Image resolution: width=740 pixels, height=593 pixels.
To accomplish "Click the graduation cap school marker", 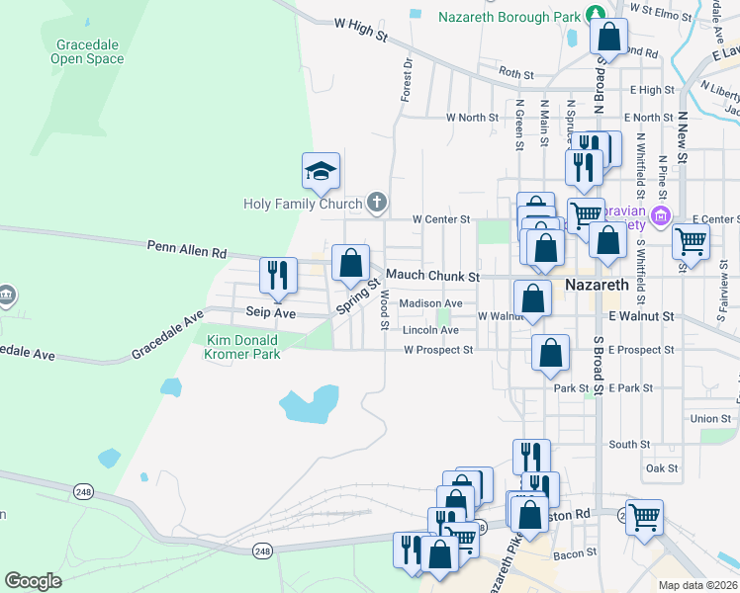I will coord(322,172).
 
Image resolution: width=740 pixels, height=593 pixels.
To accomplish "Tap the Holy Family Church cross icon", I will coord(376,204).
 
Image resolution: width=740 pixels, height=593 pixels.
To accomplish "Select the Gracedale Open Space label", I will coord(89,52).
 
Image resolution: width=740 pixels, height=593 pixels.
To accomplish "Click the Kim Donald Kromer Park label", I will coord(241,347).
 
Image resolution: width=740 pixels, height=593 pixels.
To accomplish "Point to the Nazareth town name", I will coord(597,285).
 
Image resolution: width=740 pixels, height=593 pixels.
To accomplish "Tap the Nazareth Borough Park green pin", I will coord(597,13).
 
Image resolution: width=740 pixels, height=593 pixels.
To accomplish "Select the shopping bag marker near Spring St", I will coord(350,264).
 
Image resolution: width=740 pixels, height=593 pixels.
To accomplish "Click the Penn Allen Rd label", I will coord(187,249).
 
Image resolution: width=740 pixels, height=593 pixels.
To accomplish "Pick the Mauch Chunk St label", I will coord(432,276).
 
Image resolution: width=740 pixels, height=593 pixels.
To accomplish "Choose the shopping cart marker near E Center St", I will coord(691,240).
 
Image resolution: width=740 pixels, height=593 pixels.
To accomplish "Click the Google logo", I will coord(33,581).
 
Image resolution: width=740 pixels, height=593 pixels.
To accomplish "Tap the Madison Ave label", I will coord(431,303).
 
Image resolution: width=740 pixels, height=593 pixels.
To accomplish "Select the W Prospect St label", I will coord(438,350).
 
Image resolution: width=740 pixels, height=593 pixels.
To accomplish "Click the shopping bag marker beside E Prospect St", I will coord(550,353).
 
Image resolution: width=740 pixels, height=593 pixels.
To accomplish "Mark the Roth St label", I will coord(516,73).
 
